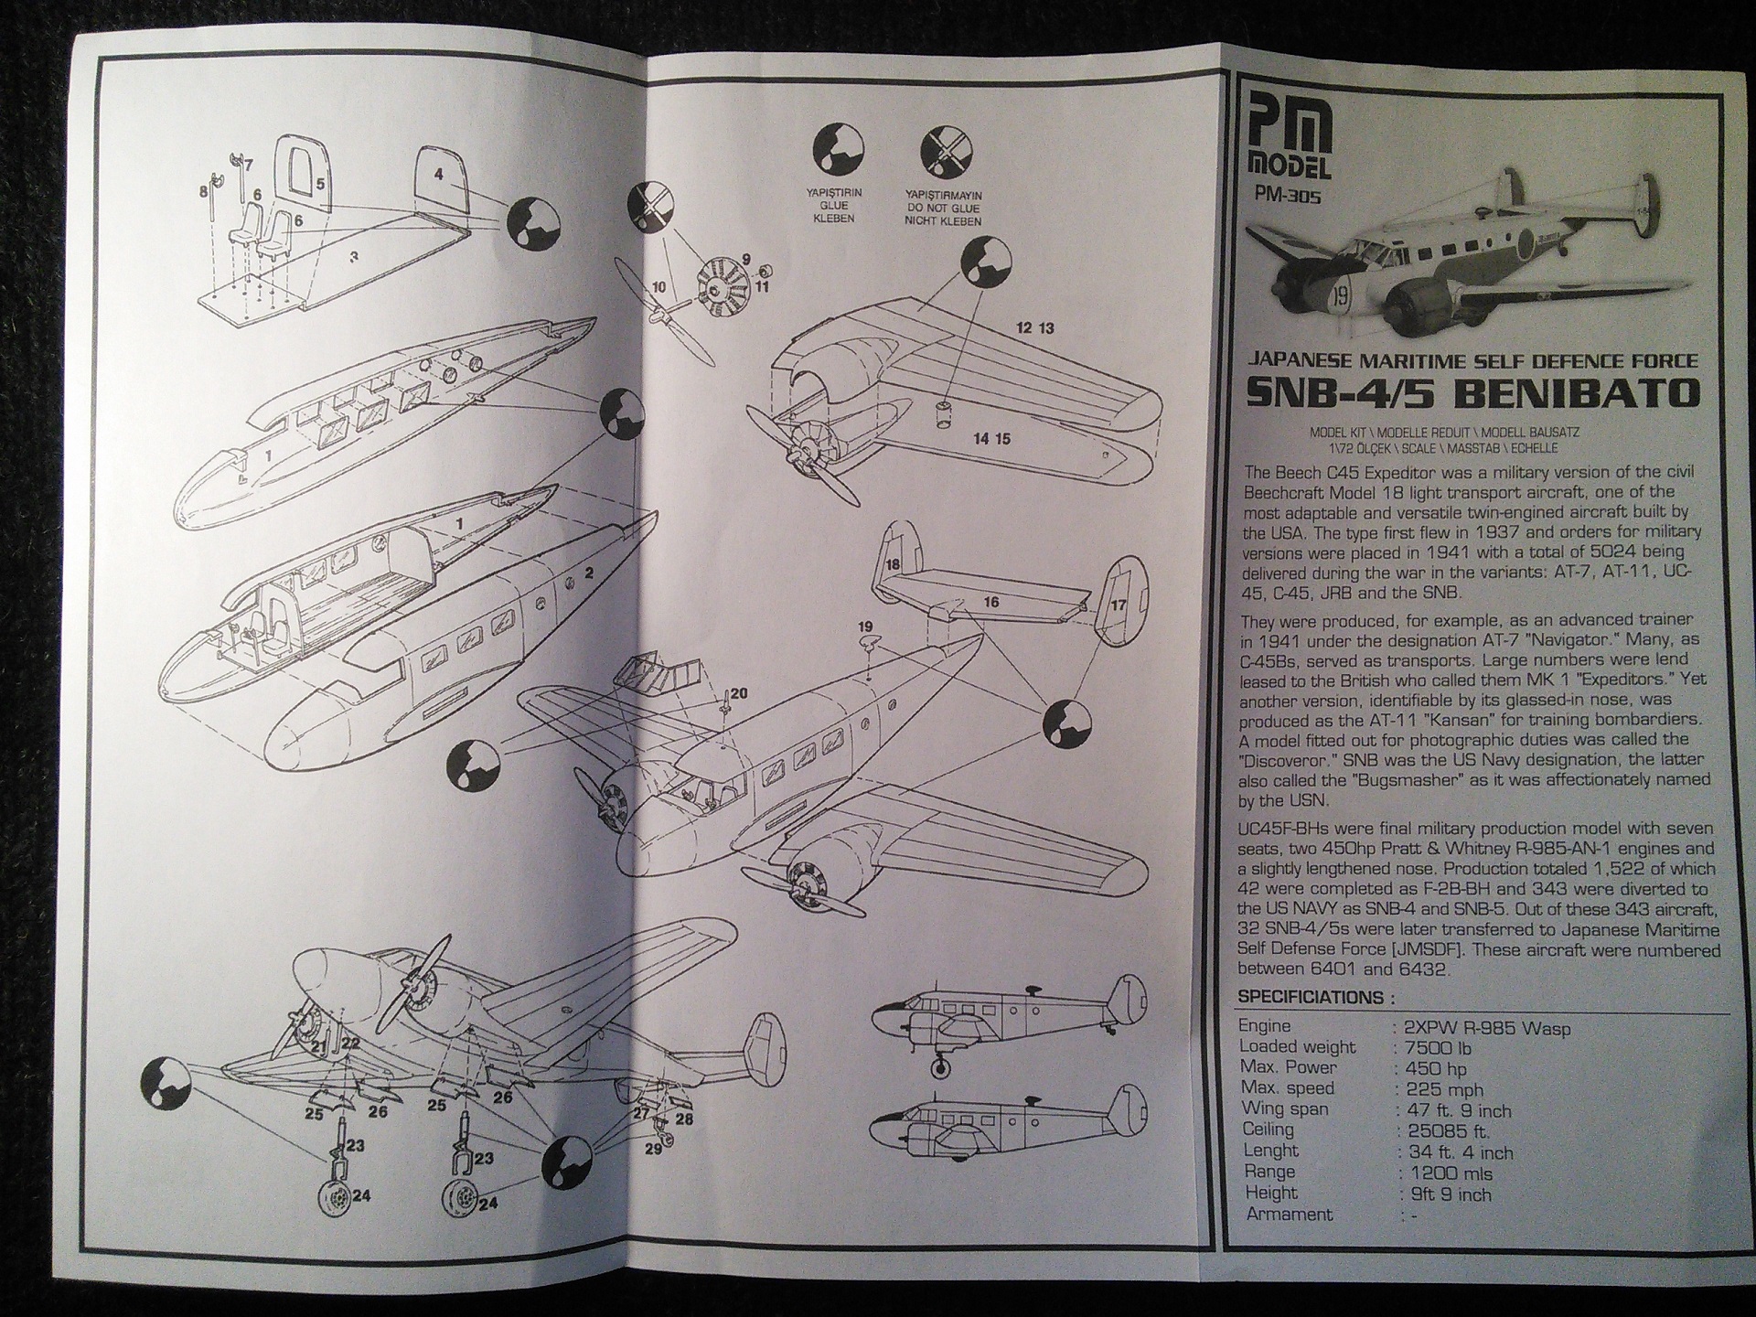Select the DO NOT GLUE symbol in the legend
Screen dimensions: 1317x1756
pyautogui.click(x=946, y=152)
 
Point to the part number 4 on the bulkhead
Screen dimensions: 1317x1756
pyautogui.click(x=439, y=175)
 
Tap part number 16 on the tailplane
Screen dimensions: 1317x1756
pyautogui.click(x=991, y=602)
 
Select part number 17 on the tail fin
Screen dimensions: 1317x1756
pyautogui.click(x=1118, y=605)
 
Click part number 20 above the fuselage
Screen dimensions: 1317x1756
pyautogui.click(x=738, y=693)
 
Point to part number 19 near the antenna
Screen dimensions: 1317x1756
pyautogui.click(x=865, y=627)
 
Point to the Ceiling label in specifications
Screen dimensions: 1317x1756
pyautogui.click(x=1268, y=1130)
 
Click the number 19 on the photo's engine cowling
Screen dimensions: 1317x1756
pyautogui.click(x=1340, y=296)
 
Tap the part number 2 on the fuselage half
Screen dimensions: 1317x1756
pyautogui.click(x=589, y=573)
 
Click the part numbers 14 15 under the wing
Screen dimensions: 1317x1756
pyautogui.click(x=991, y=439)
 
